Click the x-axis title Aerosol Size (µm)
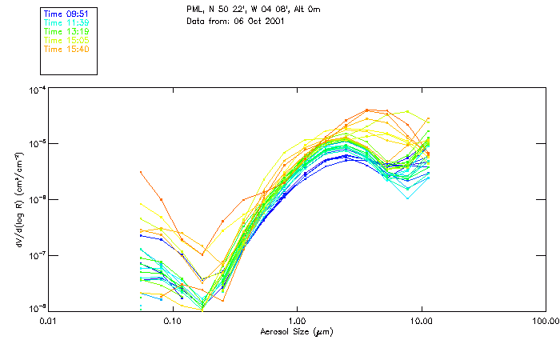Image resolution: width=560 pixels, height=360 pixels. pos(297,331)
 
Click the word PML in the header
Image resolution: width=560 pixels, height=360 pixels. pos(194,8)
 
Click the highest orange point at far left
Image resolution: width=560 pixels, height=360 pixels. pos(141,172)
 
